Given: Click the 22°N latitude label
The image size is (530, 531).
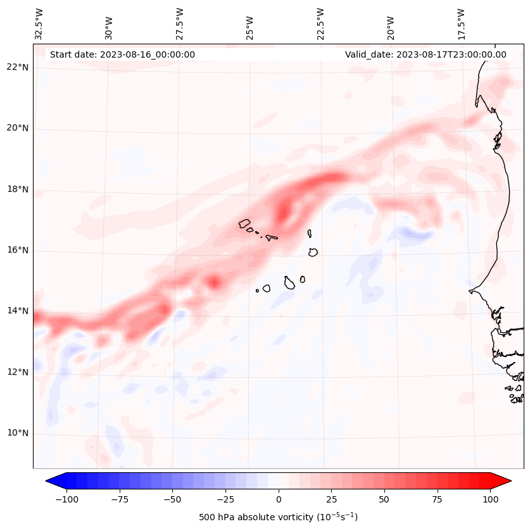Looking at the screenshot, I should pos(18,67).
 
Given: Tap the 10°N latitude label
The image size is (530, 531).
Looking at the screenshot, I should pos(18,434).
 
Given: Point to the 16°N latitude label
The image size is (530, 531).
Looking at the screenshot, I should pos(18,250).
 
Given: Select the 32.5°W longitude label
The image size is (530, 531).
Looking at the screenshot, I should pos(40,23).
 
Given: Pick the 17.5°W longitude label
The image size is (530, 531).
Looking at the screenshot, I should pos(461,23).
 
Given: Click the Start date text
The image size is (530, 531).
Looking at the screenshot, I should pos(122,54).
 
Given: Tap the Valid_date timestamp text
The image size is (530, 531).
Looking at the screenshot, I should pos(426,54).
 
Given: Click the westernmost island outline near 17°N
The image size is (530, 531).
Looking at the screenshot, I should pos(244,223).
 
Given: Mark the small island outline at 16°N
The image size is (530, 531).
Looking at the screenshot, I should pos(313,252).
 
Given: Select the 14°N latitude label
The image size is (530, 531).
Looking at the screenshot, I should pos(18,311).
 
